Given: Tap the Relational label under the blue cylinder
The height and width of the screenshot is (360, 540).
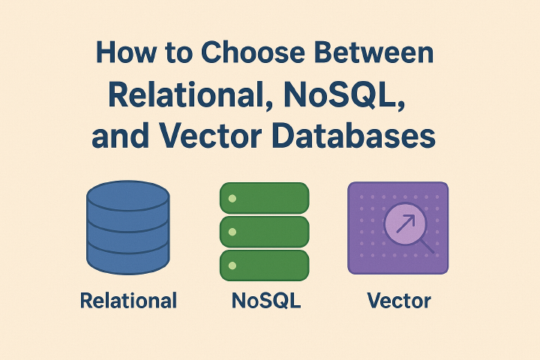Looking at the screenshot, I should point(128,301).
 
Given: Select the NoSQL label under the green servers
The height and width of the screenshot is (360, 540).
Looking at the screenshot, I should point(266,301).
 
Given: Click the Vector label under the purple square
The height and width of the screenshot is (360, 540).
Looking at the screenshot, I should point(399,301).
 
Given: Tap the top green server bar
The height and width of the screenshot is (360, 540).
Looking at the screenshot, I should point(264,197).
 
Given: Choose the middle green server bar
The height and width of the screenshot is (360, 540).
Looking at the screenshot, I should point(264,232).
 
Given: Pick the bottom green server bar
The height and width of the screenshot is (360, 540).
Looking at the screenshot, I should point(264,265).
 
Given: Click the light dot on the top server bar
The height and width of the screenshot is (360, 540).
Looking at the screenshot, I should point(232,198).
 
